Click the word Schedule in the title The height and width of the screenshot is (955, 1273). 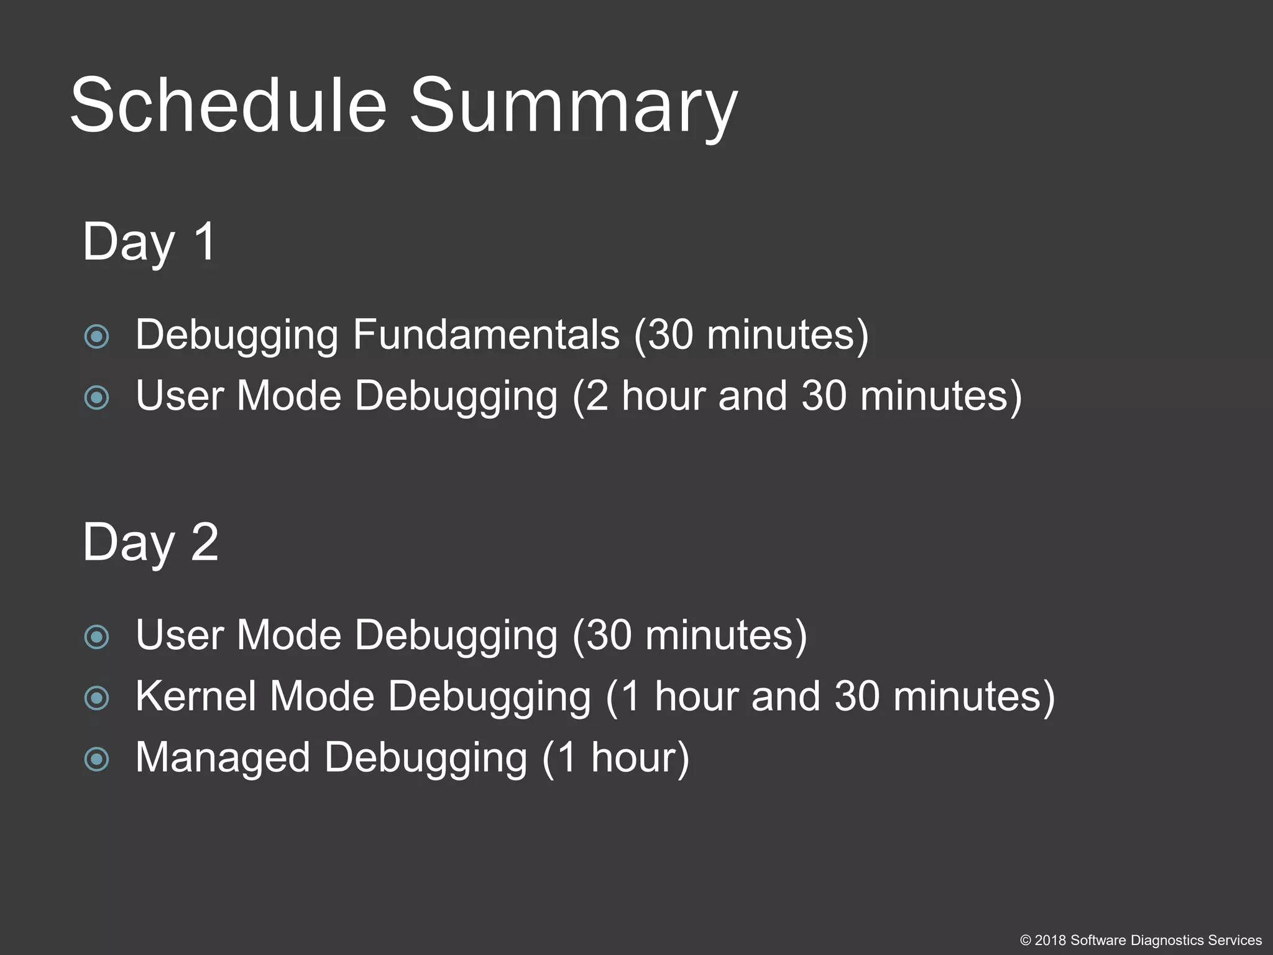click(228, 104)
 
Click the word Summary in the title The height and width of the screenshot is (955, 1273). click(573, 106)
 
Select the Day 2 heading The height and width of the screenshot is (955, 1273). click(150, 542)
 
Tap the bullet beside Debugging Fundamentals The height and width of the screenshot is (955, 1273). click(97, 336)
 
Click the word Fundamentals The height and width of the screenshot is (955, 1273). click(486, 334)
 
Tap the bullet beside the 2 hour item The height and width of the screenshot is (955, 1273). click(97, 397)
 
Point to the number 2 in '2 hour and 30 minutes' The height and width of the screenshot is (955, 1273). click(597, 395)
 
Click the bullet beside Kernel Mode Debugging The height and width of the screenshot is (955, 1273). click(97, 698)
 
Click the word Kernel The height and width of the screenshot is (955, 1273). click(195, 696)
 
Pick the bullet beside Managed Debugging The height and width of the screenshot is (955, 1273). click(97, 759)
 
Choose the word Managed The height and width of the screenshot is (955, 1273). click(223, 757)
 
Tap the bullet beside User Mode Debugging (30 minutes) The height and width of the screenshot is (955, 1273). click(97, 637)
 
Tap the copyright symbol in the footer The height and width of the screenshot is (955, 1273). click(1026, 940)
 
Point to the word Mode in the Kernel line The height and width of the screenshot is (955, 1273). click(322, 696)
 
